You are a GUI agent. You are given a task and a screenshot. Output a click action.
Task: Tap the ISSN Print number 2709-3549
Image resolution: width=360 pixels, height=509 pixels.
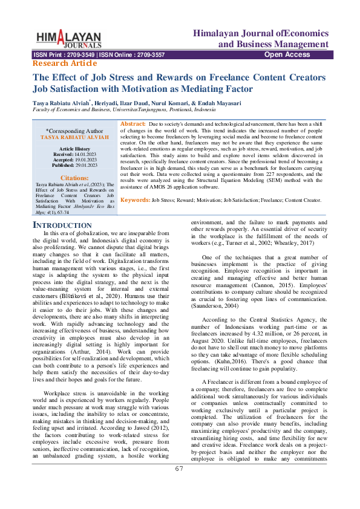pyautogui.click(x=80, y=54)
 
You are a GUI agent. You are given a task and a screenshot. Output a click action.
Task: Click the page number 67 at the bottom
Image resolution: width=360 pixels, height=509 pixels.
pyautogui.click(x=180, y=485)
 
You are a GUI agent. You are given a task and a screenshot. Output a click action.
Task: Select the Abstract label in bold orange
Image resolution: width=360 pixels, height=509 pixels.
pyautogui.click(x=133, y=123)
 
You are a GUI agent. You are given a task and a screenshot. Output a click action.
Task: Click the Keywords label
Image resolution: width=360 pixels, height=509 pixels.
pyautogui.click(x=135, y=199)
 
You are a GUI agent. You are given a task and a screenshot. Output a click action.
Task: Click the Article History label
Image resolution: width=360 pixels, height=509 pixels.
pyautogui.click(x=74, y=149)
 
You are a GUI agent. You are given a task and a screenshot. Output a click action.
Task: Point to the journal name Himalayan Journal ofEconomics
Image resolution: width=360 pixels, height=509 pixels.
pyautogui.click(x=261, y=33)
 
